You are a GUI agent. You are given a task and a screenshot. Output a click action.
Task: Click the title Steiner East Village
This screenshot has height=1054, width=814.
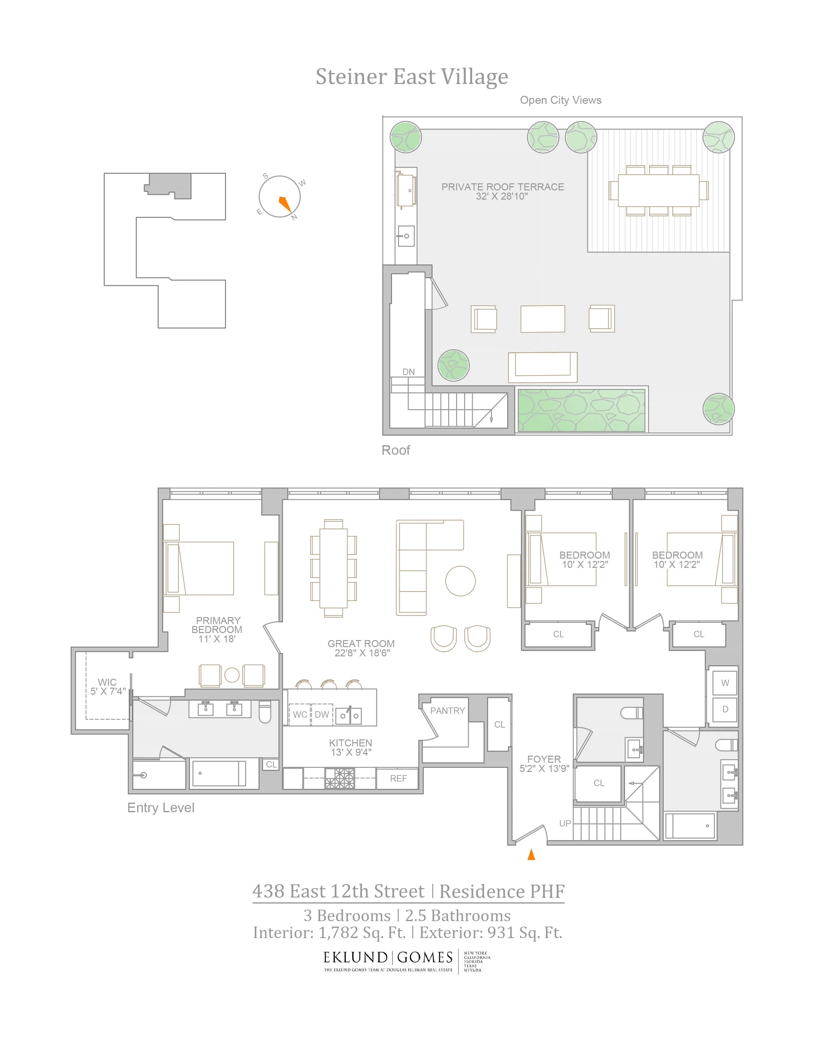coord(411,77)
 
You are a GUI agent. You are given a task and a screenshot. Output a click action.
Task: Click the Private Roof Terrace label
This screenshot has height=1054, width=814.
coord(502,187)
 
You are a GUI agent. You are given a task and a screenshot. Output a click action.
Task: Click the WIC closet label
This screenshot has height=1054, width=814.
coord(107,682)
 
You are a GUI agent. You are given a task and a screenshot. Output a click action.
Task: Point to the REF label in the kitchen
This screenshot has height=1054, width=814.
coord(398,778)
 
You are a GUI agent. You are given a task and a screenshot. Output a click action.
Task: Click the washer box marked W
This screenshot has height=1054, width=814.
coord(725,683)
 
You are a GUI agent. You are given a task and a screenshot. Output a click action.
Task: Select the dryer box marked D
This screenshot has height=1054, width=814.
coord(725,709)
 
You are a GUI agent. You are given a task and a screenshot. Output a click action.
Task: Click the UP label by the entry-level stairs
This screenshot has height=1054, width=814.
coord(565,823)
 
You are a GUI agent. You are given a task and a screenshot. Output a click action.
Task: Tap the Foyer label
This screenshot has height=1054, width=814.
coord(544,759)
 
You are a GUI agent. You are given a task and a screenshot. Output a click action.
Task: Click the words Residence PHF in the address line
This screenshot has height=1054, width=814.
coord(501,891)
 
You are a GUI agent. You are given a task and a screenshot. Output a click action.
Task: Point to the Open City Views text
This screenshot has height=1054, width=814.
coord(560,100)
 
